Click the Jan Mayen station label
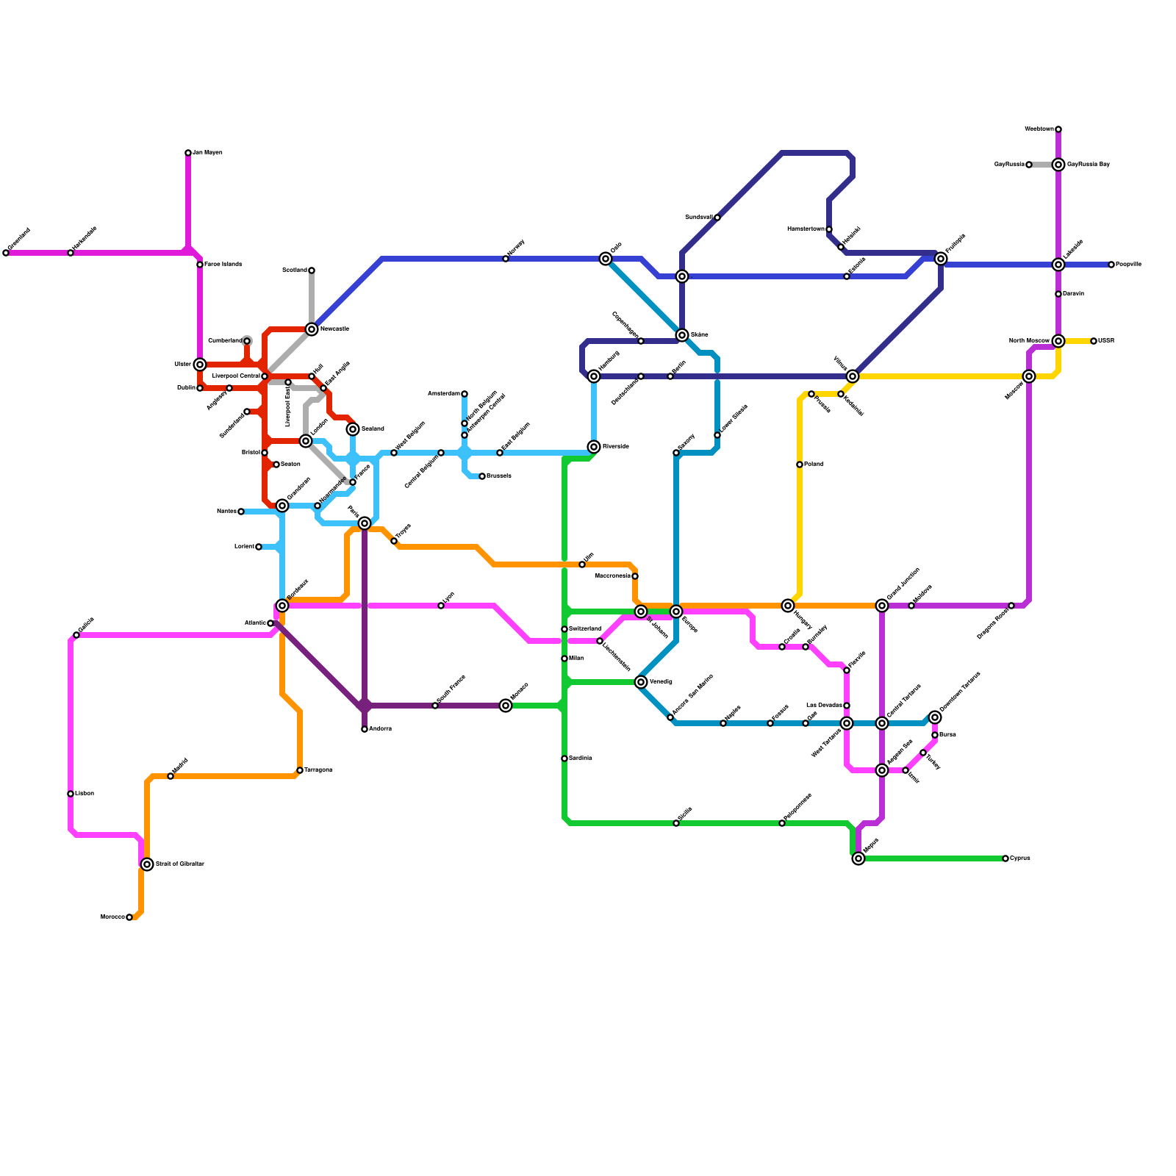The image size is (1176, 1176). pos(207,153)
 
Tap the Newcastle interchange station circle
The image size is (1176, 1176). pos(312,329)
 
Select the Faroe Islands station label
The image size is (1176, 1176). pos(223,265)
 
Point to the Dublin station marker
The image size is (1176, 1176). pos(200,388)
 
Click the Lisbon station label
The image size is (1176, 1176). pos(85,794)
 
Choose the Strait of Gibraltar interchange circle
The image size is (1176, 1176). pos(147,864)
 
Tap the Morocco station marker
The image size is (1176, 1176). pos(129,917)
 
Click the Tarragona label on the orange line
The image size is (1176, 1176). pos(318,770)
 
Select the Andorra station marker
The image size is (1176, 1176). pos(365,729)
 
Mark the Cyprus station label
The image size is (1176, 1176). pos(1020,858)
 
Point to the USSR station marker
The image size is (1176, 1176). pos(1094,341)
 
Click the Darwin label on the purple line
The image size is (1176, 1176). pos(1074,294)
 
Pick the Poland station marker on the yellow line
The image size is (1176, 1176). pos(800,465)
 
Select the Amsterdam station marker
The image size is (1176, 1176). pos(465,394)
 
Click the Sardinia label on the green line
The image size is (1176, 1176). pos(581,759)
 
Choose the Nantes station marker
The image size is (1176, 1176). pos(241,512)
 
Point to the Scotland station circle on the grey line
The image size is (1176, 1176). pos(312,270)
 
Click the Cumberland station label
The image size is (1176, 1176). pos(225,341)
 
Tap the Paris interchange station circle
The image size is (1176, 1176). pos(365,523)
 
